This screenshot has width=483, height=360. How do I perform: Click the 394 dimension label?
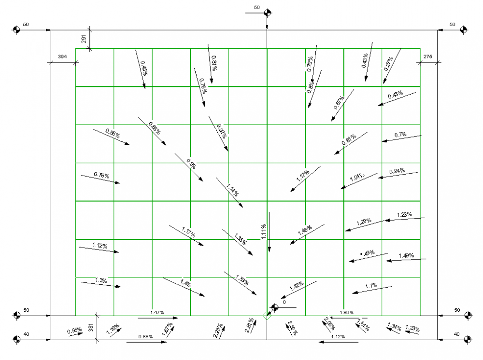pyautogui.click(x=62, y=57)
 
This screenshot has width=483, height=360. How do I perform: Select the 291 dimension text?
pyautogui.click(x=84, y=40)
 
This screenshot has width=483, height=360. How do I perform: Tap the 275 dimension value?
pyautogui.click(x=427, y=57)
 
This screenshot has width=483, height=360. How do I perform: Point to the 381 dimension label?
pyautogui.click(x=90, y=329)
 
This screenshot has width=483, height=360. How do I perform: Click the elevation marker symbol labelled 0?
pyautogui.click(x=275, y=307)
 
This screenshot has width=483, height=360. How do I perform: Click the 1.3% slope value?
pyautogui.click(x=101, y=280)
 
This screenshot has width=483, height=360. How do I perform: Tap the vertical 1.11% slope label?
pyautogui.click(x=264, y=232)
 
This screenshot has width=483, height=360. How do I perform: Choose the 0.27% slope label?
pyautogui.click(x=388, y=64)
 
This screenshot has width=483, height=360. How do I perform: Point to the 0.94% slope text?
pyautogui.click(x=397, y=171)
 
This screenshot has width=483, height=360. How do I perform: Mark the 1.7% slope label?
pyautogui.click(x=371, y=286)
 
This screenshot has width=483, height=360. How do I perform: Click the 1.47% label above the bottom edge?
pyautogui.click(x=157, y=313)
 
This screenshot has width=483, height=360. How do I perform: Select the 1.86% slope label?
pyautogui.click(x=346, y=313)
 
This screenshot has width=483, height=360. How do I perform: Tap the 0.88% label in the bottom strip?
pyautogui.click(x=145, y=336)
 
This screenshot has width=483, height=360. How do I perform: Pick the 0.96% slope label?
pyautogui.click(x=74, y=331)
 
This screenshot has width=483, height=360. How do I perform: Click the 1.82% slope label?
pyautogui.click(x=296, y=286)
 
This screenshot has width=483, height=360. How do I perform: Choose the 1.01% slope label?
pyautogui.click(x=357, y=177)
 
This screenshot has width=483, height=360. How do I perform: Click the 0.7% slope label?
pyautogui.click(x=400, y=135)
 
